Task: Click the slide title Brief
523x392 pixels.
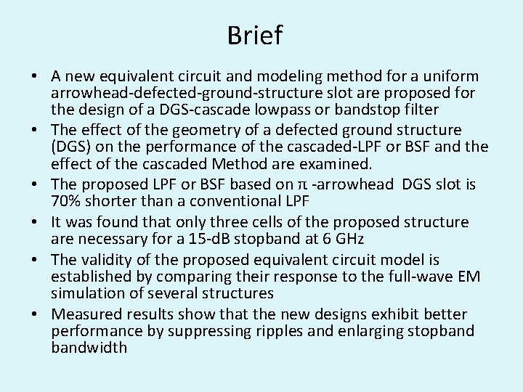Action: (x=254, y=35)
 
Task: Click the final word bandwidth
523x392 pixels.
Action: (x=89, y=348)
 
